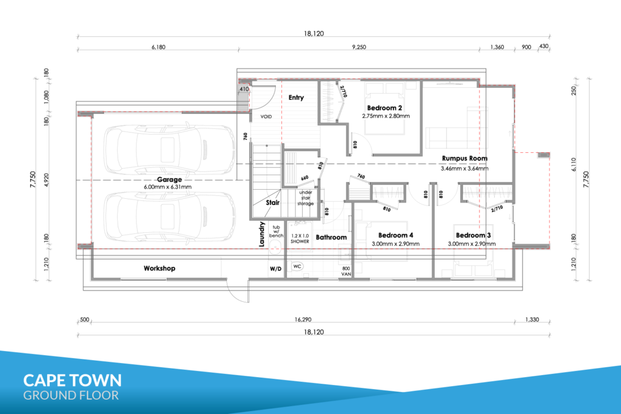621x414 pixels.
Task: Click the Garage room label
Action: pos(169,179)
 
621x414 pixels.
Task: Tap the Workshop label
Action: pos(159,269)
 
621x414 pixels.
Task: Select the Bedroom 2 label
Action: pos(384,108)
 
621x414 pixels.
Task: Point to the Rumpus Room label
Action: pos(465,158)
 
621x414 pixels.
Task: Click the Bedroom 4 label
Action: pos(395,235)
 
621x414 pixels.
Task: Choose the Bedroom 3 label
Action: pos(473,235)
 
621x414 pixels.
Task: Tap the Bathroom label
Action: pos(331,237)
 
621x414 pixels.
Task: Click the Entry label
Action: pos(296,98)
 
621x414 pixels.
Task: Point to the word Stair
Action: pos(272,202)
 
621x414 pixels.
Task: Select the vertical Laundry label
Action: pos(261,234)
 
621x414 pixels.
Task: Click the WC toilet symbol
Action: pos(297,266)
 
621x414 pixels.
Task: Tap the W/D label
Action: pos(276,269)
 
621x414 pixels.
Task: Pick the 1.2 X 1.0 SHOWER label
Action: pos(300,238)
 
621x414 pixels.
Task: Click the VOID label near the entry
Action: pos(266,117)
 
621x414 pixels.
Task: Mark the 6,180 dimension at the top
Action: pos(158,47)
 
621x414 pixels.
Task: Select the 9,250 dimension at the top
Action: pos(359,47)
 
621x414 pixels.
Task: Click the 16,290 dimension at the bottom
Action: pos(303,319)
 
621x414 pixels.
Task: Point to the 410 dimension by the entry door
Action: pos(244,89)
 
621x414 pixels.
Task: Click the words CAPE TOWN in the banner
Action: pos(73,380)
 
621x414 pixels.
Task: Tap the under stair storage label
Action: pos(306,198)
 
